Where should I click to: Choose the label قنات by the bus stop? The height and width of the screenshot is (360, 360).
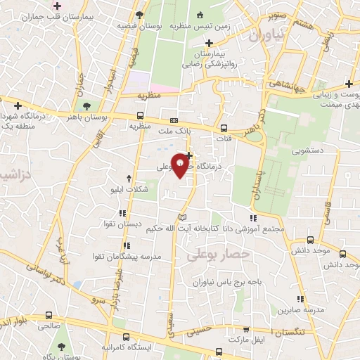coord(224,139)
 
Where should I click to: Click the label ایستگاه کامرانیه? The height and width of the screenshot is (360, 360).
coord(126,347)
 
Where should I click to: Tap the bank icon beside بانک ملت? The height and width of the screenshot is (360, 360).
coord(174,120)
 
